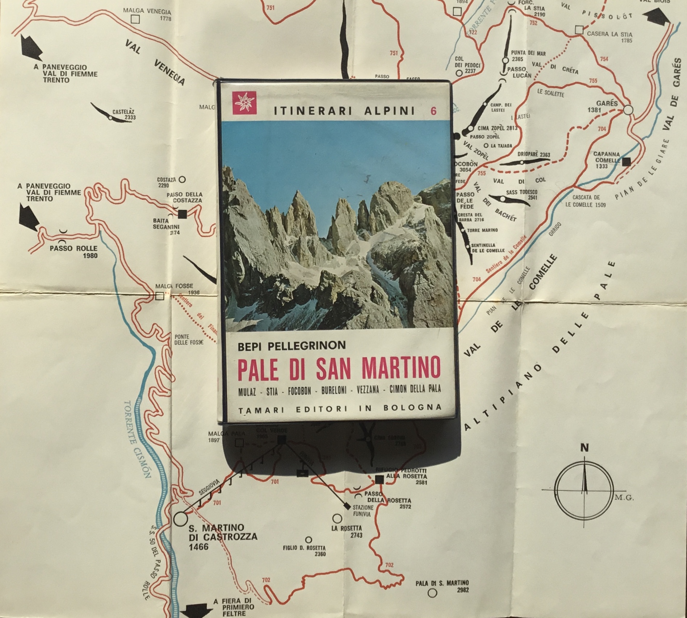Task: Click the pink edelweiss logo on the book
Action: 244,103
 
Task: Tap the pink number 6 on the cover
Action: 433,111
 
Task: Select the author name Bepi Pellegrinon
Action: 292,345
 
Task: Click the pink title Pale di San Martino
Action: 339,368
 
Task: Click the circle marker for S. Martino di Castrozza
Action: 180,518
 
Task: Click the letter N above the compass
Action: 584,448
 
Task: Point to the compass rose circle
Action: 584,489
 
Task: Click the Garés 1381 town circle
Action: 628,110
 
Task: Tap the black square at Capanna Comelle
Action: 626,162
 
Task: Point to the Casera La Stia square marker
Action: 579,30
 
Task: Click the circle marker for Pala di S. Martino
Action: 432,593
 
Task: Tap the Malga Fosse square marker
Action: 159,296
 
